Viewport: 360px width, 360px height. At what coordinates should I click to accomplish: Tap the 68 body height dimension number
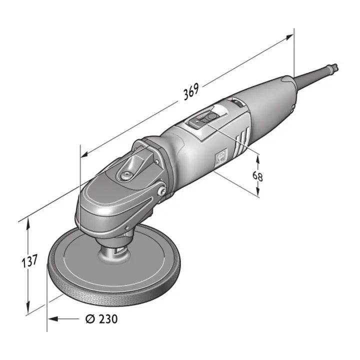coord(258,176)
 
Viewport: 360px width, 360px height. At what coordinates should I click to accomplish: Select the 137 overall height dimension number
coord(31,261)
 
